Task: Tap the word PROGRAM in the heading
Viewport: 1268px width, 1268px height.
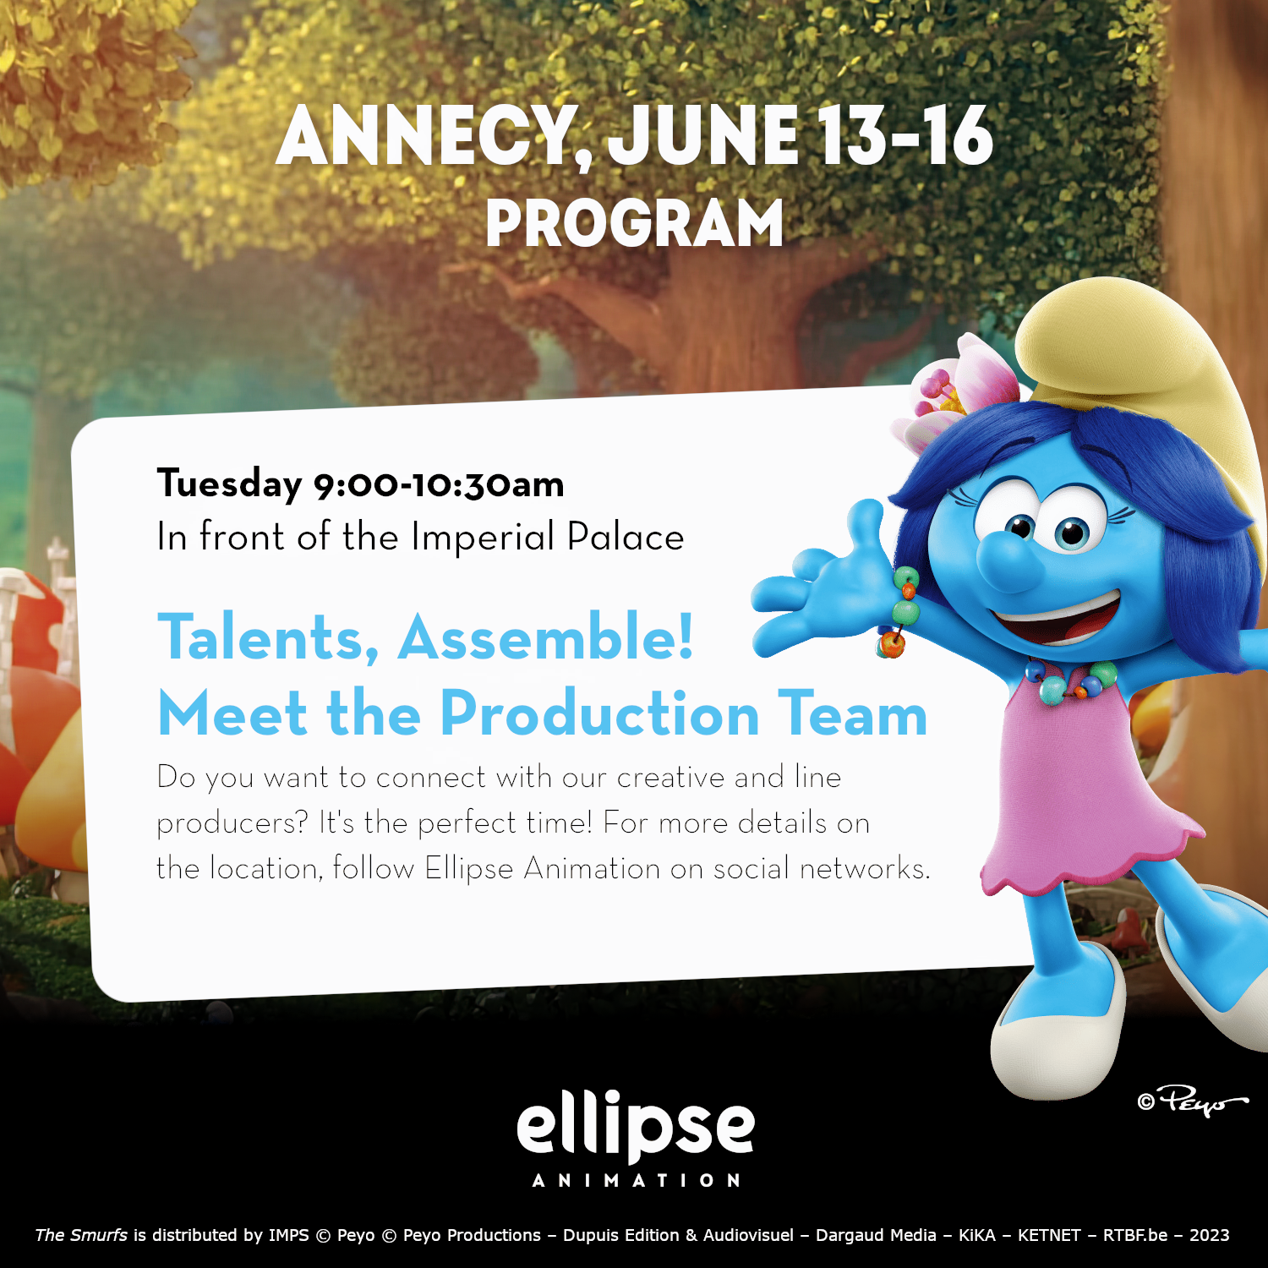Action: point(634,223)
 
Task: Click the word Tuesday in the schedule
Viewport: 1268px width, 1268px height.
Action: point(229,484)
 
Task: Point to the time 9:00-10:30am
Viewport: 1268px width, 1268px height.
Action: point(439,484)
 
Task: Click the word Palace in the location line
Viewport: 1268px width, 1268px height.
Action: point(625,537)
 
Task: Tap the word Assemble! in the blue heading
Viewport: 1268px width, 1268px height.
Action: point(546,637)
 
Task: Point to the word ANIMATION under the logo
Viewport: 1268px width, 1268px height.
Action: point(636,1180)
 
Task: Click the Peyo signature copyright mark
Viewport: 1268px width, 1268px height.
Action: point(1193,1101)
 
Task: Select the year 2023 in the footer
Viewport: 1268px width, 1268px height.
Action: point(1209,1235)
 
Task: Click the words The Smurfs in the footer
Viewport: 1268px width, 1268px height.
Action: point(81,1235)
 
